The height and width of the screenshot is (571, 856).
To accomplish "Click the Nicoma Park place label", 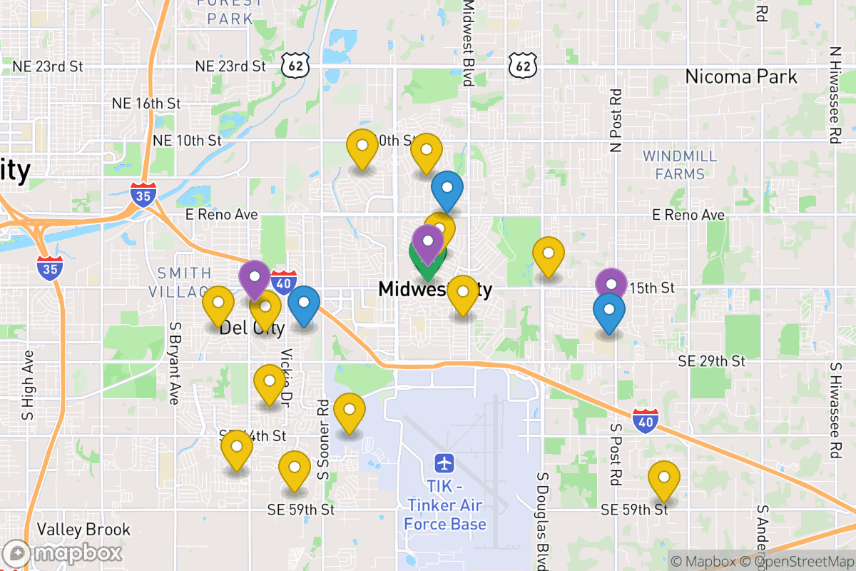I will point(740,76).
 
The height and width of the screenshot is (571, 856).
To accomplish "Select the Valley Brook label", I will point(84,530).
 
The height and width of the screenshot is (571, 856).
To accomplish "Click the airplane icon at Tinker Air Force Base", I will point(446,463).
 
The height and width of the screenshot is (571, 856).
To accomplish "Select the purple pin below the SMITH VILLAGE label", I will point(255,278).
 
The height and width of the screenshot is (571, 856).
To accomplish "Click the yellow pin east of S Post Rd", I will point(663,479).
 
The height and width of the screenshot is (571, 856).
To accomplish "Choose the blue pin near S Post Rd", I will point(608,312).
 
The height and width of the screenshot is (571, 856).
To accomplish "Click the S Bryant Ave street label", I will point(174,362).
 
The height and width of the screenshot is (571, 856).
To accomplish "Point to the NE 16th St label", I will point(146,103).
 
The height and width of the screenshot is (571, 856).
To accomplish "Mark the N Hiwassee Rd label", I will point(834,96).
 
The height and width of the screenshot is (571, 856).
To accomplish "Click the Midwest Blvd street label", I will point(469,43).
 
